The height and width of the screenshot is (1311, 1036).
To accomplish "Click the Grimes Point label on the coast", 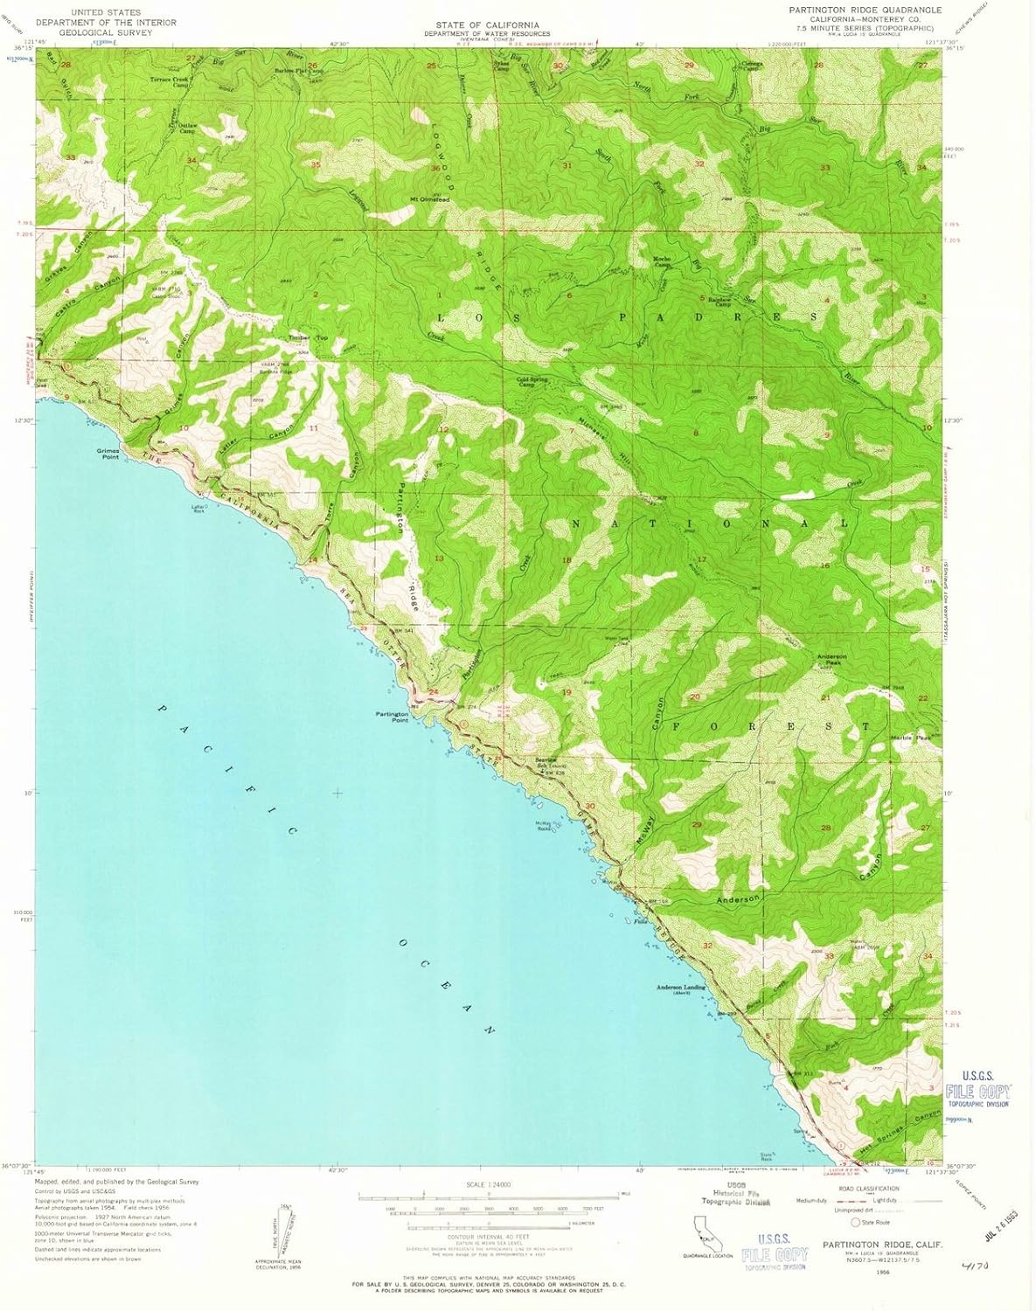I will [x=108, y=454].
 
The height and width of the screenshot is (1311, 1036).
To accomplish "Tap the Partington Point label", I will [x=393, y=717].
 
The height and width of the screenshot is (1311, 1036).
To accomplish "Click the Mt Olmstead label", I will [x=429, y=199].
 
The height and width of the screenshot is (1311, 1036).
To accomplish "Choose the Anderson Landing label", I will [x=681, y=989].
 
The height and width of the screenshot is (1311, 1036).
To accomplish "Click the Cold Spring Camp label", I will [x=533, y=382].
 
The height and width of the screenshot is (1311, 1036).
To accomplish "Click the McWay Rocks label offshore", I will [x=546, y=828].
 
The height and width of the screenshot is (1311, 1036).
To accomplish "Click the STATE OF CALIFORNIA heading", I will [x=487, y=24].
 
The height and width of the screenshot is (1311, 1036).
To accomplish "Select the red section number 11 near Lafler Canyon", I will [x=314, y=428].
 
